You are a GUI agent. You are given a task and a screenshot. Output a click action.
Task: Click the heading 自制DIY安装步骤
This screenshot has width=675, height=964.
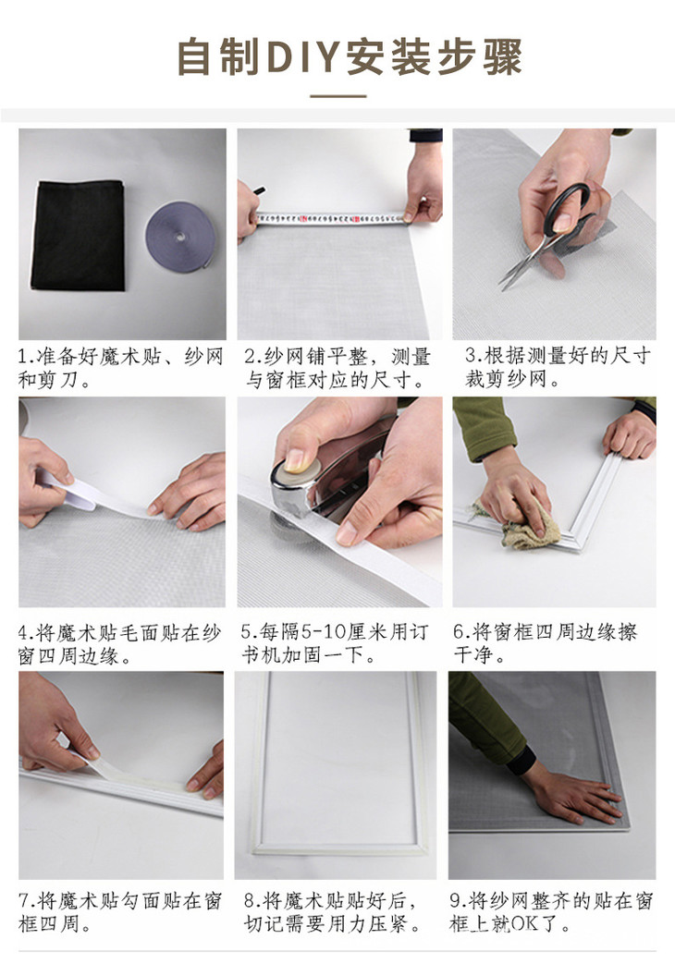pyautogui.click(x=350, y=57)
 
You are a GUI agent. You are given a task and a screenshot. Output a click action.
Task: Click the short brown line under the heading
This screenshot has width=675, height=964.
pyautogui.click(x=337, y=95)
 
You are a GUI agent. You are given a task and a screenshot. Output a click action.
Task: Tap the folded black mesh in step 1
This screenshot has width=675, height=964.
pyautogui.click(x=80, y=235)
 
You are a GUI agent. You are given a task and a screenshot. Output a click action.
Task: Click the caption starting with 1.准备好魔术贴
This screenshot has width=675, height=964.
pyautogui.click(x=120, y=367)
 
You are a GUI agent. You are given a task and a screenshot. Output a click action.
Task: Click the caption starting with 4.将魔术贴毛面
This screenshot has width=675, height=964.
pyautogui.click(x=120, y=644)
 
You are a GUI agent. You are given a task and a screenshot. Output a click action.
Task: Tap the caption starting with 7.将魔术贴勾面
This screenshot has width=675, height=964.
pyautogui.click(x=120, y=911)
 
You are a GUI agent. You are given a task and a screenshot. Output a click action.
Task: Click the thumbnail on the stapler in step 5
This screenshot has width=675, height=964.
pyautogui.click(x=297, y=459)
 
